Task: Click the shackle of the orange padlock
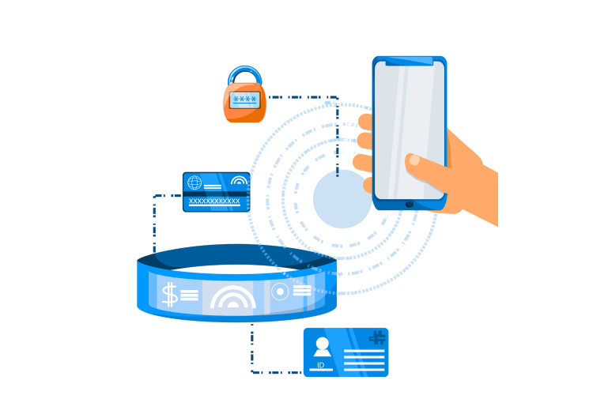point(245,75)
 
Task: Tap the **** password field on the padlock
point(245,100)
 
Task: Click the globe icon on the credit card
point(195,183)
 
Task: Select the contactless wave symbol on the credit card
point(239,181)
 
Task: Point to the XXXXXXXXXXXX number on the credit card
point(214,201)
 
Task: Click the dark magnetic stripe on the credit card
point(216,193)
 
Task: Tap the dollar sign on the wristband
point(169,295)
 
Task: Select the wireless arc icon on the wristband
point(232,298)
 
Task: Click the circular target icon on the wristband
point(280,292)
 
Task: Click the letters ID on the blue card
point(320,365)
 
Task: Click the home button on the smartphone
point(410,205)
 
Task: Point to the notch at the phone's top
point(410,62)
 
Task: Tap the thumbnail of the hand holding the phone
point(414,160)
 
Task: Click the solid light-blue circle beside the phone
point(342,199)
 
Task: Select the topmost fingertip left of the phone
point(365,122)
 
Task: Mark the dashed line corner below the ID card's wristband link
point(252,371)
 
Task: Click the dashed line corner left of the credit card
point(155,196)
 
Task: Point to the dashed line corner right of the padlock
point(338,98)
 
